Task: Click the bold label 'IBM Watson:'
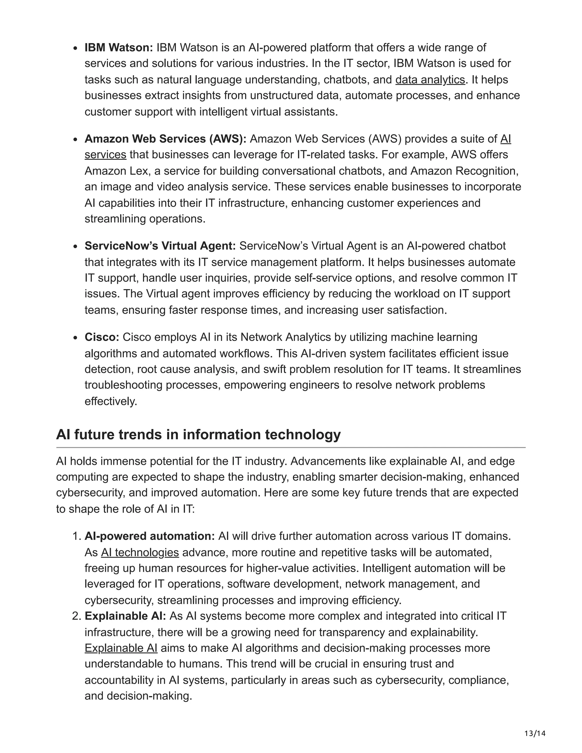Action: coord(119,47)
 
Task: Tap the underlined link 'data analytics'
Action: coord(430,80)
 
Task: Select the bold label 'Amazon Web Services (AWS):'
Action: coord(165,139)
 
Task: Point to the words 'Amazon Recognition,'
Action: coord(464,171)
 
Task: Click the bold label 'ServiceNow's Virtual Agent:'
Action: coord(160,246)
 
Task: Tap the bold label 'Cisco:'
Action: coord(102,337)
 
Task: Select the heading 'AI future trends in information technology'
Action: coord(198,434)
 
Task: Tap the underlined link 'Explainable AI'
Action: coord(121,648)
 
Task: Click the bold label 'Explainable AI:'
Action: coord(125,616)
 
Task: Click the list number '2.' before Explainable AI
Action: coord(76,616)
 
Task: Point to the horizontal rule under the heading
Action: coord(291,448)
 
